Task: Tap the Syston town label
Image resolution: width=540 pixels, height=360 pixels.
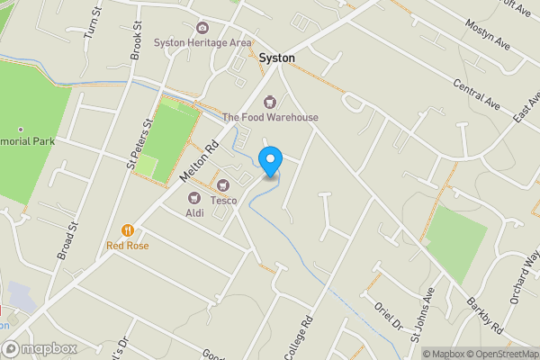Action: click(277, 58)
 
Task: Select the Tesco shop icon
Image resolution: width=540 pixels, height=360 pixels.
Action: click(211, 184)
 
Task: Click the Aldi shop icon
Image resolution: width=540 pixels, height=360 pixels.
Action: click(193, 198)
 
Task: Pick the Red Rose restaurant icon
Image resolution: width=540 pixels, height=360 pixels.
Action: click(128, 230)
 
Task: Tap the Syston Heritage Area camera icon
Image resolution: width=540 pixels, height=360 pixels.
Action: click(202, 28)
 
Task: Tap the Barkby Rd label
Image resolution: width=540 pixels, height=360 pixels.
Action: click(484, 316)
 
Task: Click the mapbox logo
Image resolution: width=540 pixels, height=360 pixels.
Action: click(40, 348)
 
